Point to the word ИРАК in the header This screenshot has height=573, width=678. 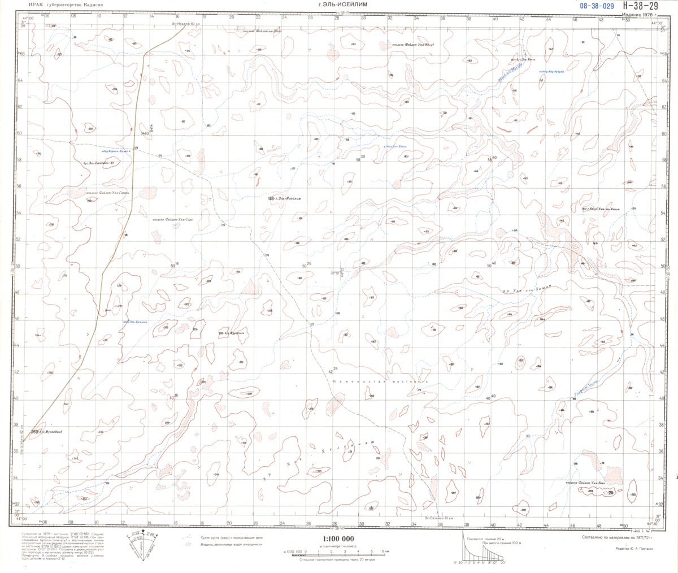[x=23, y=4]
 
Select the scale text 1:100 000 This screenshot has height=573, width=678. [x=338, y=539]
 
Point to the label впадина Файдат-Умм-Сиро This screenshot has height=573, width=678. [x=176, y=220]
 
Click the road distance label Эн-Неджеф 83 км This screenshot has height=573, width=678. [x=186, y=24]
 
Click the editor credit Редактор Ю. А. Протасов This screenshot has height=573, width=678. [x=636, y=549]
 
